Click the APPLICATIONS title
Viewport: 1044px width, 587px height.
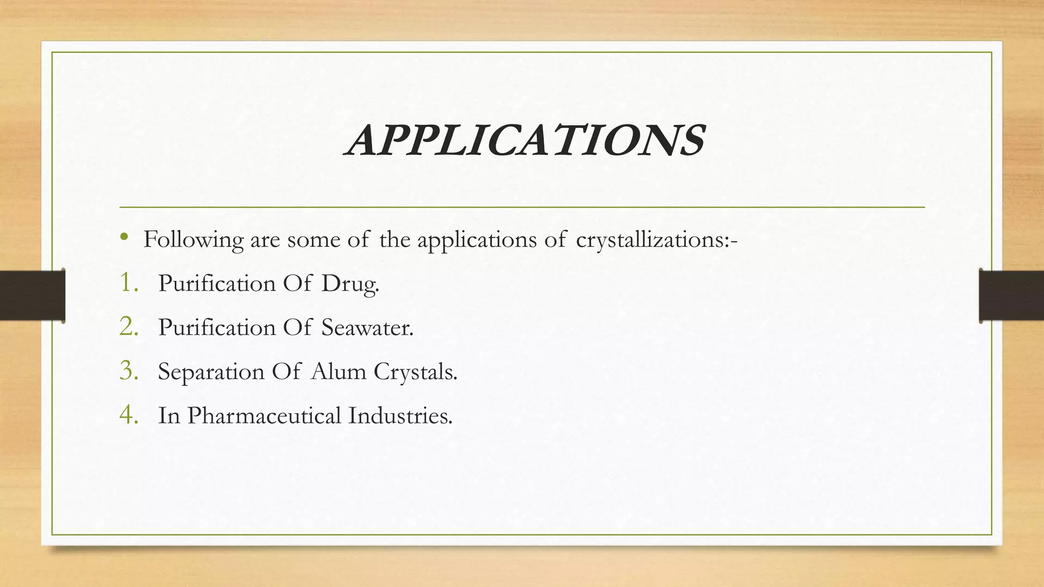tap(525, 141)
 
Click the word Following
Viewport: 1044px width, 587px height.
tap(193, 240)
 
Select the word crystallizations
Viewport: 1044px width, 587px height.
tap(657, 240)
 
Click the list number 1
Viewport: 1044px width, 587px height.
tap(128, 283)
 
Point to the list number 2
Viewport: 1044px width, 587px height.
tap(128, 327)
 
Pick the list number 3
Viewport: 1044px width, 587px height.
tap(128, 371)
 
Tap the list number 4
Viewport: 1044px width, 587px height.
tap(128, 415)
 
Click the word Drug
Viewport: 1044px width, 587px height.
tap(350, 284)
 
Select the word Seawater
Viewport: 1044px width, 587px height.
tap(367, 327)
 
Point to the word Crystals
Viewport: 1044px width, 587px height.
tap(415, 371)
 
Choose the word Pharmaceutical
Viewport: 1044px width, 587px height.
tap(264, 415)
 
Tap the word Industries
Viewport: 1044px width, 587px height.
tap(400, 415)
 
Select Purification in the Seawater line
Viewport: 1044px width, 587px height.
tap(217, 327)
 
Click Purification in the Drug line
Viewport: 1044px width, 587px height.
tap(217, 283)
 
